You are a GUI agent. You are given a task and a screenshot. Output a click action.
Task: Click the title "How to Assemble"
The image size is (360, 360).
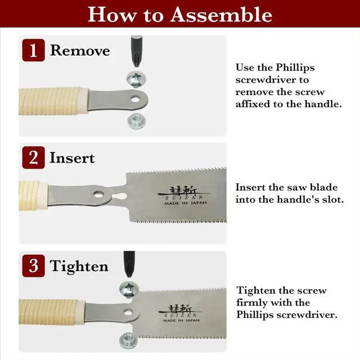(x=180, y=14)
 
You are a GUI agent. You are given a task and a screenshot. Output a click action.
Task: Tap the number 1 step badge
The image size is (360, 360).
(x=34, y=50)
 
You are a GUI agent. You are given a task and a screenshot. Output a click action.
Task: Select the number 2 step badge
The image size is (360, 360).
(x=34, y=157)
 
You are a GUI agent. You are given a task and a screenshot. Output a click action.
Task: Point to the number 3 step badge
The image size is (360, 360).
(x=34, y=265)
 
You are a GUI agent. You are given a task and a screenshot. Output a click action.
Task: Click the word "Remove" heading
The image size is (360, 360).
(x=80, y=50)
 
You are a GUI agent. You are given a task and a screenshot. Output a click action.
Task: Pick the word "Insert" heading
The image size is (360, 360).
(x=72, y=157)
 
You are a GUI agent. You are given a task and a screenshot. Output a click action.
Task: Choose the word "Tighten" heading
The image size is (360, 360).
(x=79, y=266)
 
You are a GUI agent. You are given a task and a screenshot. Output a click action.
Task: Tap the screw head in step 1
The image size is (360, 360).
(x=136, y=79)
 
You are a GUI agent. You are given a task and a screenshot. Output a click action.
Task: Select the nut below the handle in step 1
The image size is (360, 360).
(x=136, y=121)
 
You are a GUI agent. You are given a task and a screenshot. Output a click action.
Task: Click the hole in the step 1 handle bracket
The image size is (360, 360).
(x=135, y=100)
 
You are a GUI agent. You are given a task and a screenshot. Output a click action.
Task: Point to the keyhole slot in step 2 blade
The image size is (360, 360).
(x=120, y=196)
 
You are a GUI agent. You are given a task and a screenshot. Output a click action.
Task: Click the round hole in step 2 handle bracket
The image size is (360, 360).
(x=98, y=194)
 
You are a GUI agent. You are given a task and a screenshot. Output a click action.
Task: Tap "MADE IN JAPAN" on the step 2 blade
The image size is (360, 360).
(x=186, y=203)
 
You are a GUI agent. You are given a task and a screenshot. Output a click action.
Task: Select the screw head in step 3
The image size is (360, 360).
(x=129, y=289)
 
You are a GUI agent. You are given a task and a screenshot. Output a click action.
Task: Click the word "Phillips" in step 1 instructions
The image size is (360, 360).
(x=295, y=68)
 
